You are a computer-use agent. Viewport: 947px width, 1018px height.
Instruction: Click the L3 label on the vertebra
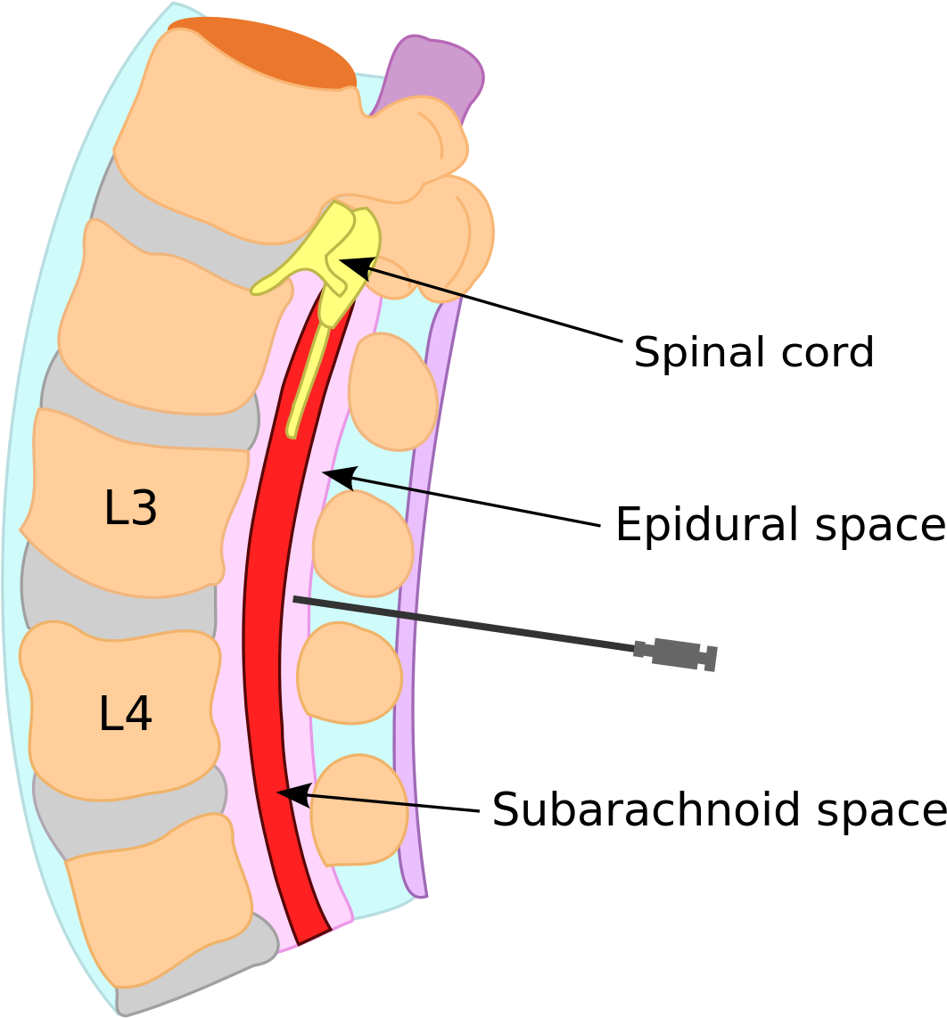tap(130, 509)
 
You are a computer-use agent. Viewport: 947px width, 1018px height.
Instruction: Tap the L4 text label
tap(125, 714)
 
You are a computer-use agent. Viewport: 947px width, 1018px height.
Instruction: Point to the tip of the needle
tap(295, 599)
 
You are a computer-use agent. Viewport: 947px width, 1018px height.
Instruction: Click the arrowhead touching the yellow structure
tap(350, 264)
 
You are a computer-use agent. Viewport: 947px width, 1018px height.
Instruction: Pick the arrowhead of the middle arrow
tap(334, 475)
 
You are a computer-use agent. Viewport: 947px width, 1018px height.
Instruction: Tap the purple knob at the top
tap(437, 71)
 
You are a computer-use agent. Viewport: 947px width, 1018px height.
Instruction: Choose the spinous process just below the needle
tap(350, 672)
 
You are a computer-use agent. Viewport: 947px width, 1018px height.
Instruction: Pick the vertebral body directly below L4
tap(161, 900)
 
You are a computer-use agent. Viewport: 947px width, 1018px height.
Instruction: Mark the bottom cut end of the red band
tap(314, 936)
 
